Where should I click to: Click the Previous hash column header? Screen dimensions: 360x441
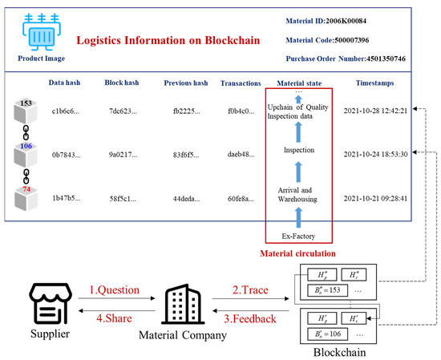(x=186, y=82)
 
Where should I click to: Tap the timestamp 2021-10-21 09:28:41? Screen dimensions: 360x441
(x=375, y=196)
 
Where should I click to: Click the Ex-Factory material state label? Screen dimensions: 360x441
(x=299, y=236)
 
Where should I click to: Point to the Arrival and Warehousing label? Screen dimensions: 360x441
(x=299, y=194)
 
